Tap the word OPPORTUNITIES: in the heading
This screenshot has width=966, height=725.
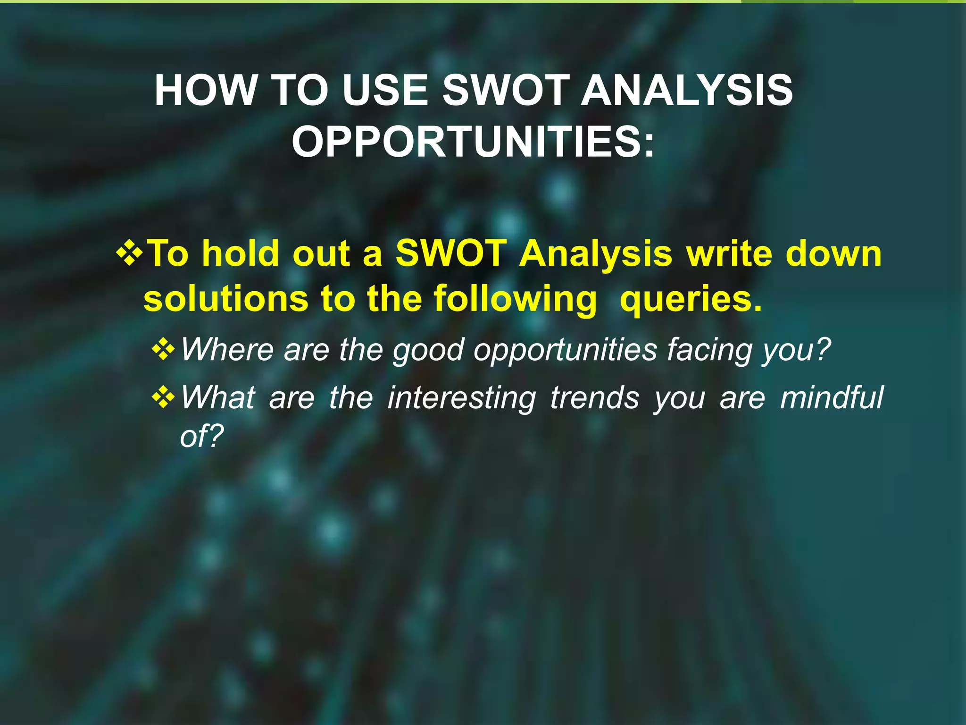tap(473, 142)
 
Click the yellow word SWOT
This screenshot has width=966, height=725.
tap(450, 253)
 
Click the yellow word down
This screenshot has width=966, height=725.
tap(833, 253)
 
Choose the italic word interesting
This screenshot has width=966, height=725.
tap(461, 398)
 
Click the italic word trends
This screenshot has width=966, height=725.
tap(594, 397)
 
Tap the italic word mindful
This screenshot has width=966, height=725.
tap(832, 397)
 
